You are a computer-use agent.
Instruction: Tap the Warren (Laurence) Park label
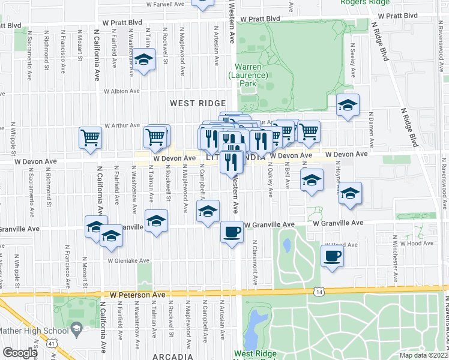247,75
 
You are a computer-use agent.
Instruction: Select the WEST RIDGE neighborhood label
197,103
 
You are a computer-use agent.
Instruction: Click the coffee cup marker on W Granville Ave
232,232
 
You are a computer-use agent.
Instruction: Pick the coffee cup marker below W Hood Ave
332,256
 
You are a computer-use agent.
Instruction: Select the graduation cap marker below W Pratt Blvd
143,60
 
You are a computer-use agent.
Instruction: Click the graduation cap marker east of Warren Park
347,105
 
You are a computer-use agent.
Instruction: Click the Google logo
20,353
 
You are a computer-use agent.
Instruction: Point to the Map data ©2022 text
423,355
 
